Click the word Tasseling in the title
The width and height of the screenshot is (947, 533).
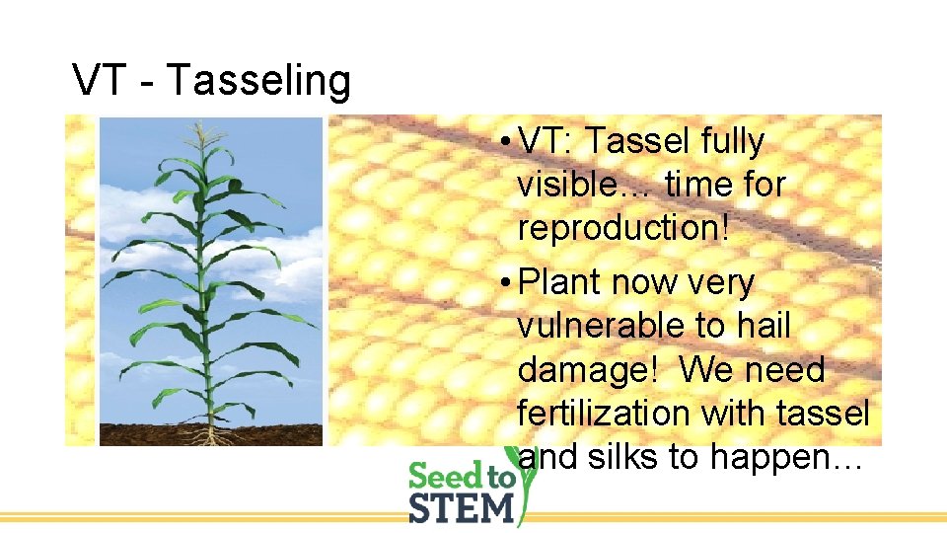pos(258,81)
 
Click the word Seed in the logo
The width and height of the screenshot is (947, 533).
pos(447,477)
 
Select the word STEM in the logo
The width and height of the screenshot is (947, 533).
pos(462,508)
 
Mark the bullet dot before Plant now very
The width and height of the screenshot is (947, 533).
pos(504,283)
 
